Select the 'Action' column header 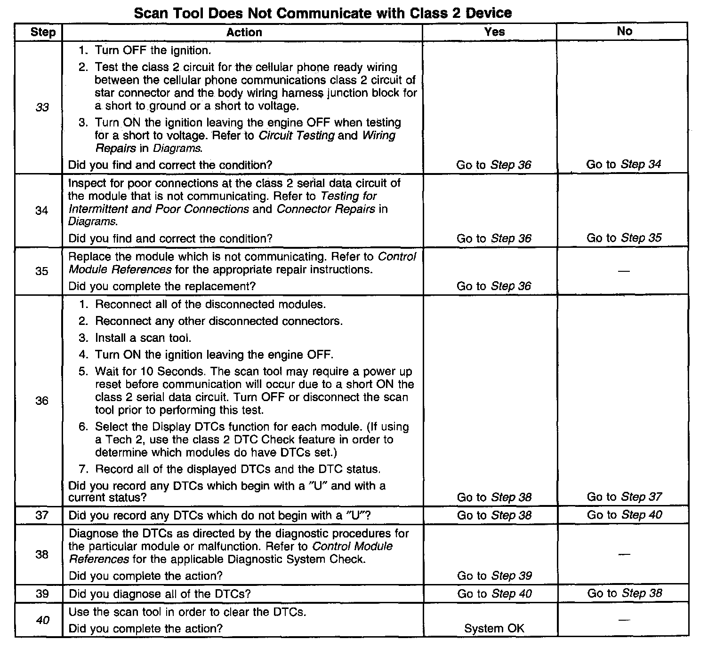244,32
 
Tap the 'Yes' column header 494,32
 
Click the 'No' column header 624,31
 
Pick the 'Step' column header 43,32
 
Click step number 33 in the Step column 42,107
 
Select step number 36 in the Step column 42,401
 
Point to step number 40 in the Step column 42,620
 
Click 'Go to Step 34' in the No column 624,164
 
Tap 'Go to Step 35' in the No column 624,238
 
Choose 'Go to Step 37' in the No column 624,497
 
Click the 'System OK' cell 494,628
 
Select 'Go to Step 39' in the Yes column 494,576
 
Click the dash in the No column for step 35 624,271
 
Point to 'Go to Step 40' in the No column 624,515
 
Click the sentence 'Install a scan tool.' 143,338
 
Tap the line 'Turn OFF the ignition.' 153,50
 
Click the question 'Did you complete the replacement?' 162,286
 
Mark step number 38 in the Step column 42,554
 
